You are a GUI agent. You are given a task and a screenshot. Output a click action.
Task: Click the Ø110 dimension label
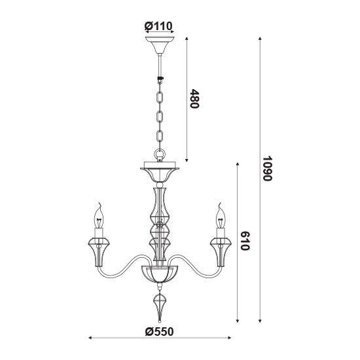(x=158, y=26)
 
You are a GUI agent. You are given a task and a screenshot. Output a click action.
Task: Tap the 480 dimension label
(x=194, y=99)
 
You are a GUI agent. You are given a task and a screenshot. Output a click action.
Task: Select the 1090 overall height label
(x=267, y=169)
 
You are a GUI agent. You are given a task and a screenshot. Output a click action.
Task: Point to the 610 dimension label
(x=245, y=241)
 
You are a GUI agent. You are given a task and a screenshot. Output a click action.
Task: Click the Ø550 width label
(x=160, y=332)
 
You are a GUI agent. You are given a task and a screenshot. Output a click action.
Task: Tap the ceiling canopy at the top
(x=160, y=45)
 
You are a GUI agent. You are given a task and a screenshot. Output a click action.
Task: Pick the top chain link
(x=160, y=98)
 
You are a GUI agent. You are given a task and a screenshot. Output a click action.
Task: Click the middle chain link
(x=160, y=117)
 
